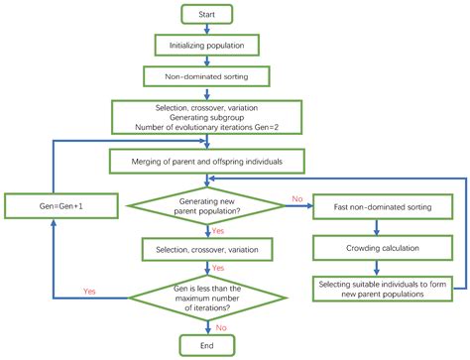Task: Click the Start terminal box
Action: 206,14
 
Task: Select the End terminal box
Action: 205,345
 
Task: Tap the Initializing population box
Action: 206,45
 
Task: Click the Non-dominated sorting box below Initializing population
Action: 206,75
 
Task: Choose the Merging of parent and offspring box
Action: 206,163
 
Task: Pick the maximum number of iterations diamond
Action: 206,299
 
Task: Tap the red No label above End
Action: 219,325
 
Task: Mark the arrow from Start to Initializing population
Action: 206,29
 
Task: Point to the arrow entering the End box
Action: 206,327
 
